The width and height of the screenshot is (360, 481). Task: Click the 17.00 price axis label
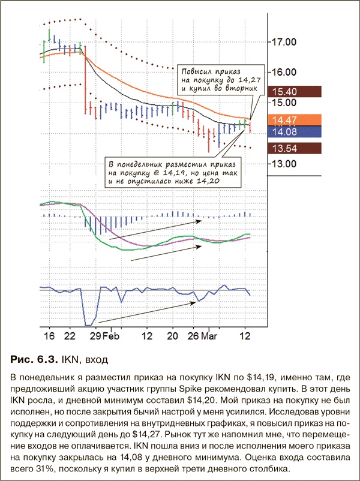[x=284, y=42]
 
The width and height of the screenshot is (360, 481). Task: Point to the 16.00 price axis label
[x=284, y=71]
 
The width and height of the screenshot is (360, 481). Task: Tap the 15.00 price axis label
[x=284, y=102]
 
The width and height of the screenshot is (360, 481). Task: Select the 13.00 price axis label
[x=284, y=163]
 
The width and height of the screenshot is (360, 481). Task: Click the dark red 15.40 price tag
[x=285, y=92]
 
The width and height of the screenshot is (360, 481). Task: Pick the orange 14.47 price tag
[x=285, y=120]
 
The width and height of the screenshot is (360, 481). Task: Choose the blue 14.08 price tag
[x=285, y=131]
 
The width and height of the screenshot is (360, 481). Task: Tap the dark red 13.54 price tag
[x=285, y=148]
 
